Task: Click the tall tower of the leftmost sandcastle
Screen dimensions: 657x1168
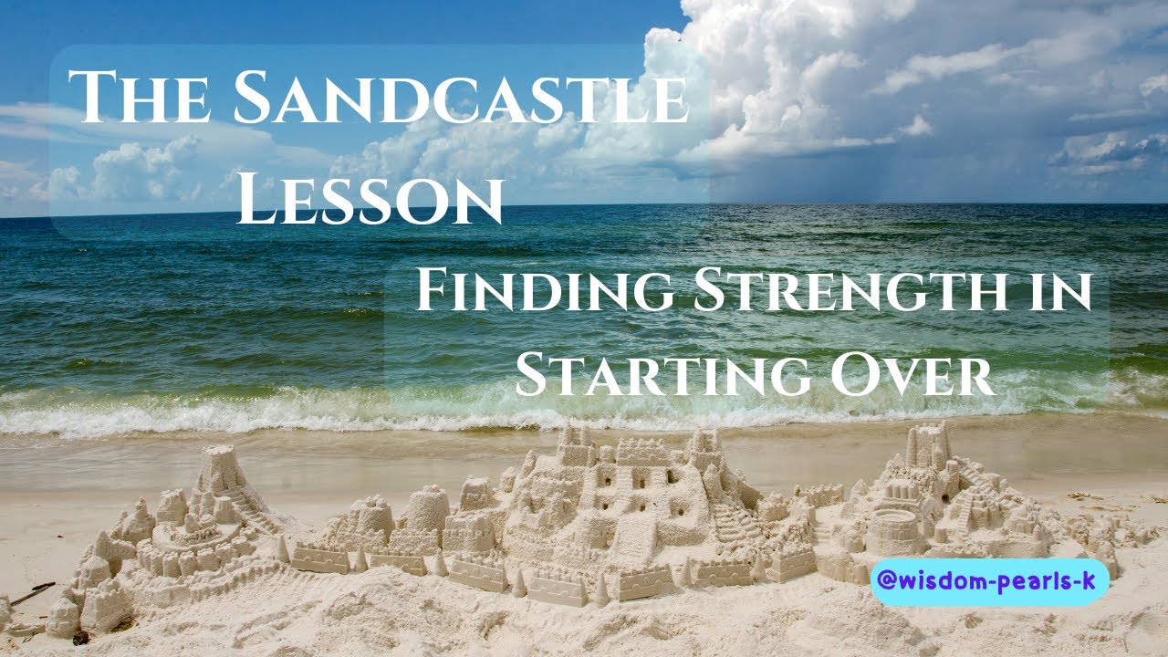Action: [218, 470]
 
